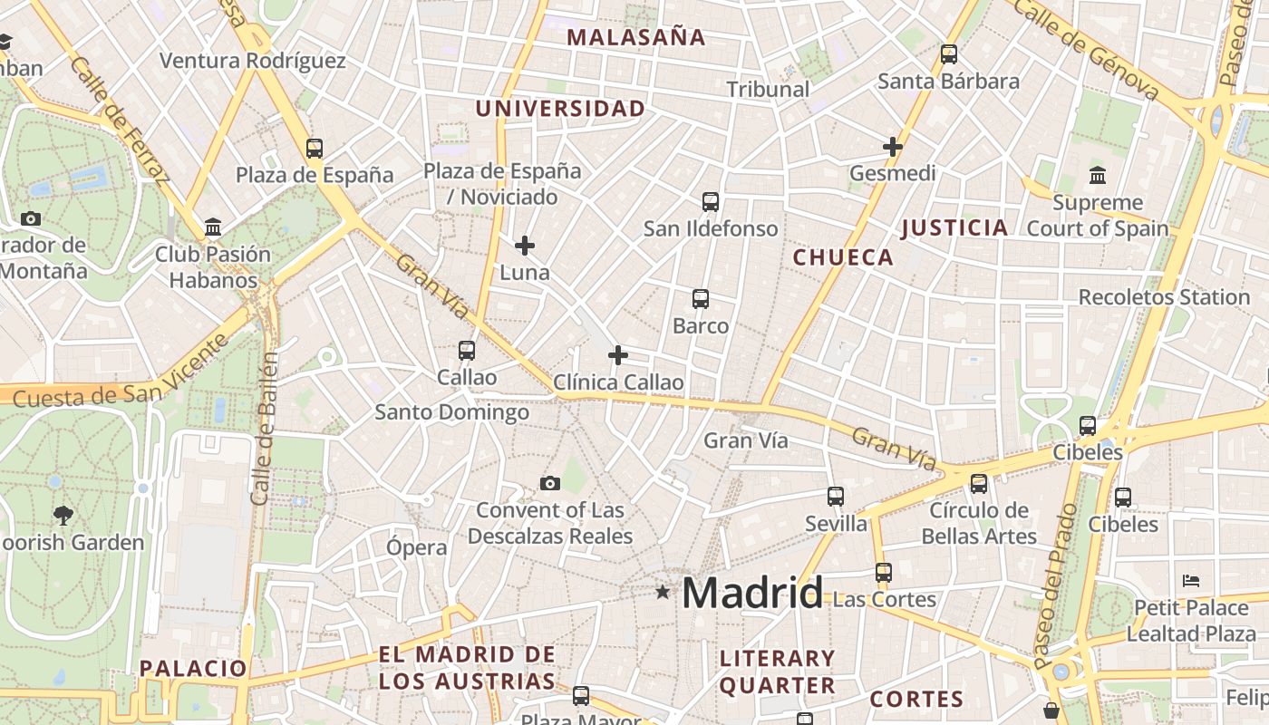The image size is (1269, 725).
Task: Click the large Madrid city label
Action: (752, 593)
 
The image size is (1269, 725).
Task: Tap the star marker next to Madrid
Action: (664, 592)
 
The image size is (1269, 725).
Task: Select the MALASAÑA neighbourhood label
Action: (635, 37)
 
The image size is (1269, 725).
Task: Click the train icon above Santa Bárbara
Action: (949, 54)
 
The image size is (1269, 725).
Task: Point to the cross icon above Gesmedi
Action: (893, 146)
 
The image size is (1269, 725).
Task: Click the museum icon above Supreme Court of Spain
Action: (1098, 175)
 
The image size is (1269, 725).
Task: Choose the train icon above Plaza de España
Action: (315, 148)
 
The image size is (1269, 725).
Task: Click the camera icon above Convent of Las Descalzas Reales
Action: (550, 483)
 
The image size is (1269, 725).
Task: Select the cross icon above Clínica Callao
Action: (618, 355)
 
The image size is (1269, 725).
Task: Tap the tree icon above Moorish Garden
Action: (63, 516)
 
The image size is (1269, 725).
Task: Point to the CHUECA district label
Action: (843, 257)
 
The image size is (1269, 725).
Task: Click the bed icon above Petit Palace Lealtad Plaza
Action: (1192, 580)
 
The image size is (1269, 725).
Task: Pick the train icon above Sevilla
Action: (836, 496)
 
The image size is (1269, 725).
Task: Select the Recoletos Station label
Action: (1164, 297)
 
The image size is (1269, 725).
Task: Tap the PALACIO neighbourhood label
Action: (193, 669)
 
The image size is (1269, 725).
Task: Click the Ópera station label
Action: (417, 547)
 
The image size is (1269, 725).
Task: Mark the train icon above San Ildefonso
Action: (711, 201)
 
